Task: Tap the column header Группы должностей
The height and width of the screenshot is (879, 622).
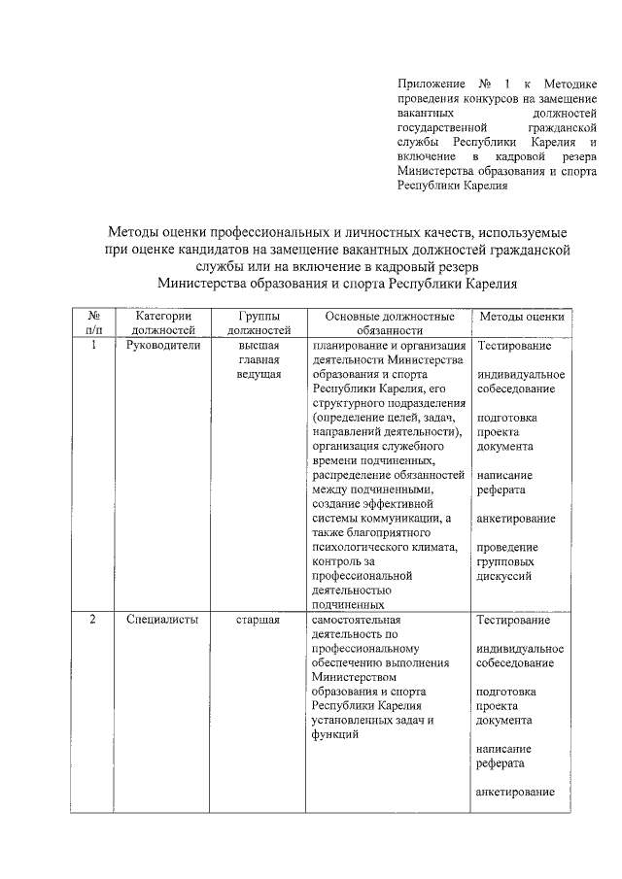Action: coord(259,322)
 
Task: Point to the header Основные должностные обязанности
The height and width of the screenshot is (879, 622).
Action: coord(389,322)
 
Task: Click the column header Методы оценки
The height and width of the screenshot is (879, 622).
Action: coord(521,317)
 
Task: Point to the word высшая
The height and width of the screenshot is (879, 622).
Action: coord(259,345)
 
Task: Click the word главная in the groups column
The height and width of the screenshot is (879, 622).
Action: coord(259,359)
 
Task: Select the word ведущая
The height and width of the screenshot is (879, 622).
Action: coord(259,374)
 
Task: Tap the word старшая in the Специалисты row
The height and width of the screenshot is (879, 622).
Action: coord(259,620)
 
